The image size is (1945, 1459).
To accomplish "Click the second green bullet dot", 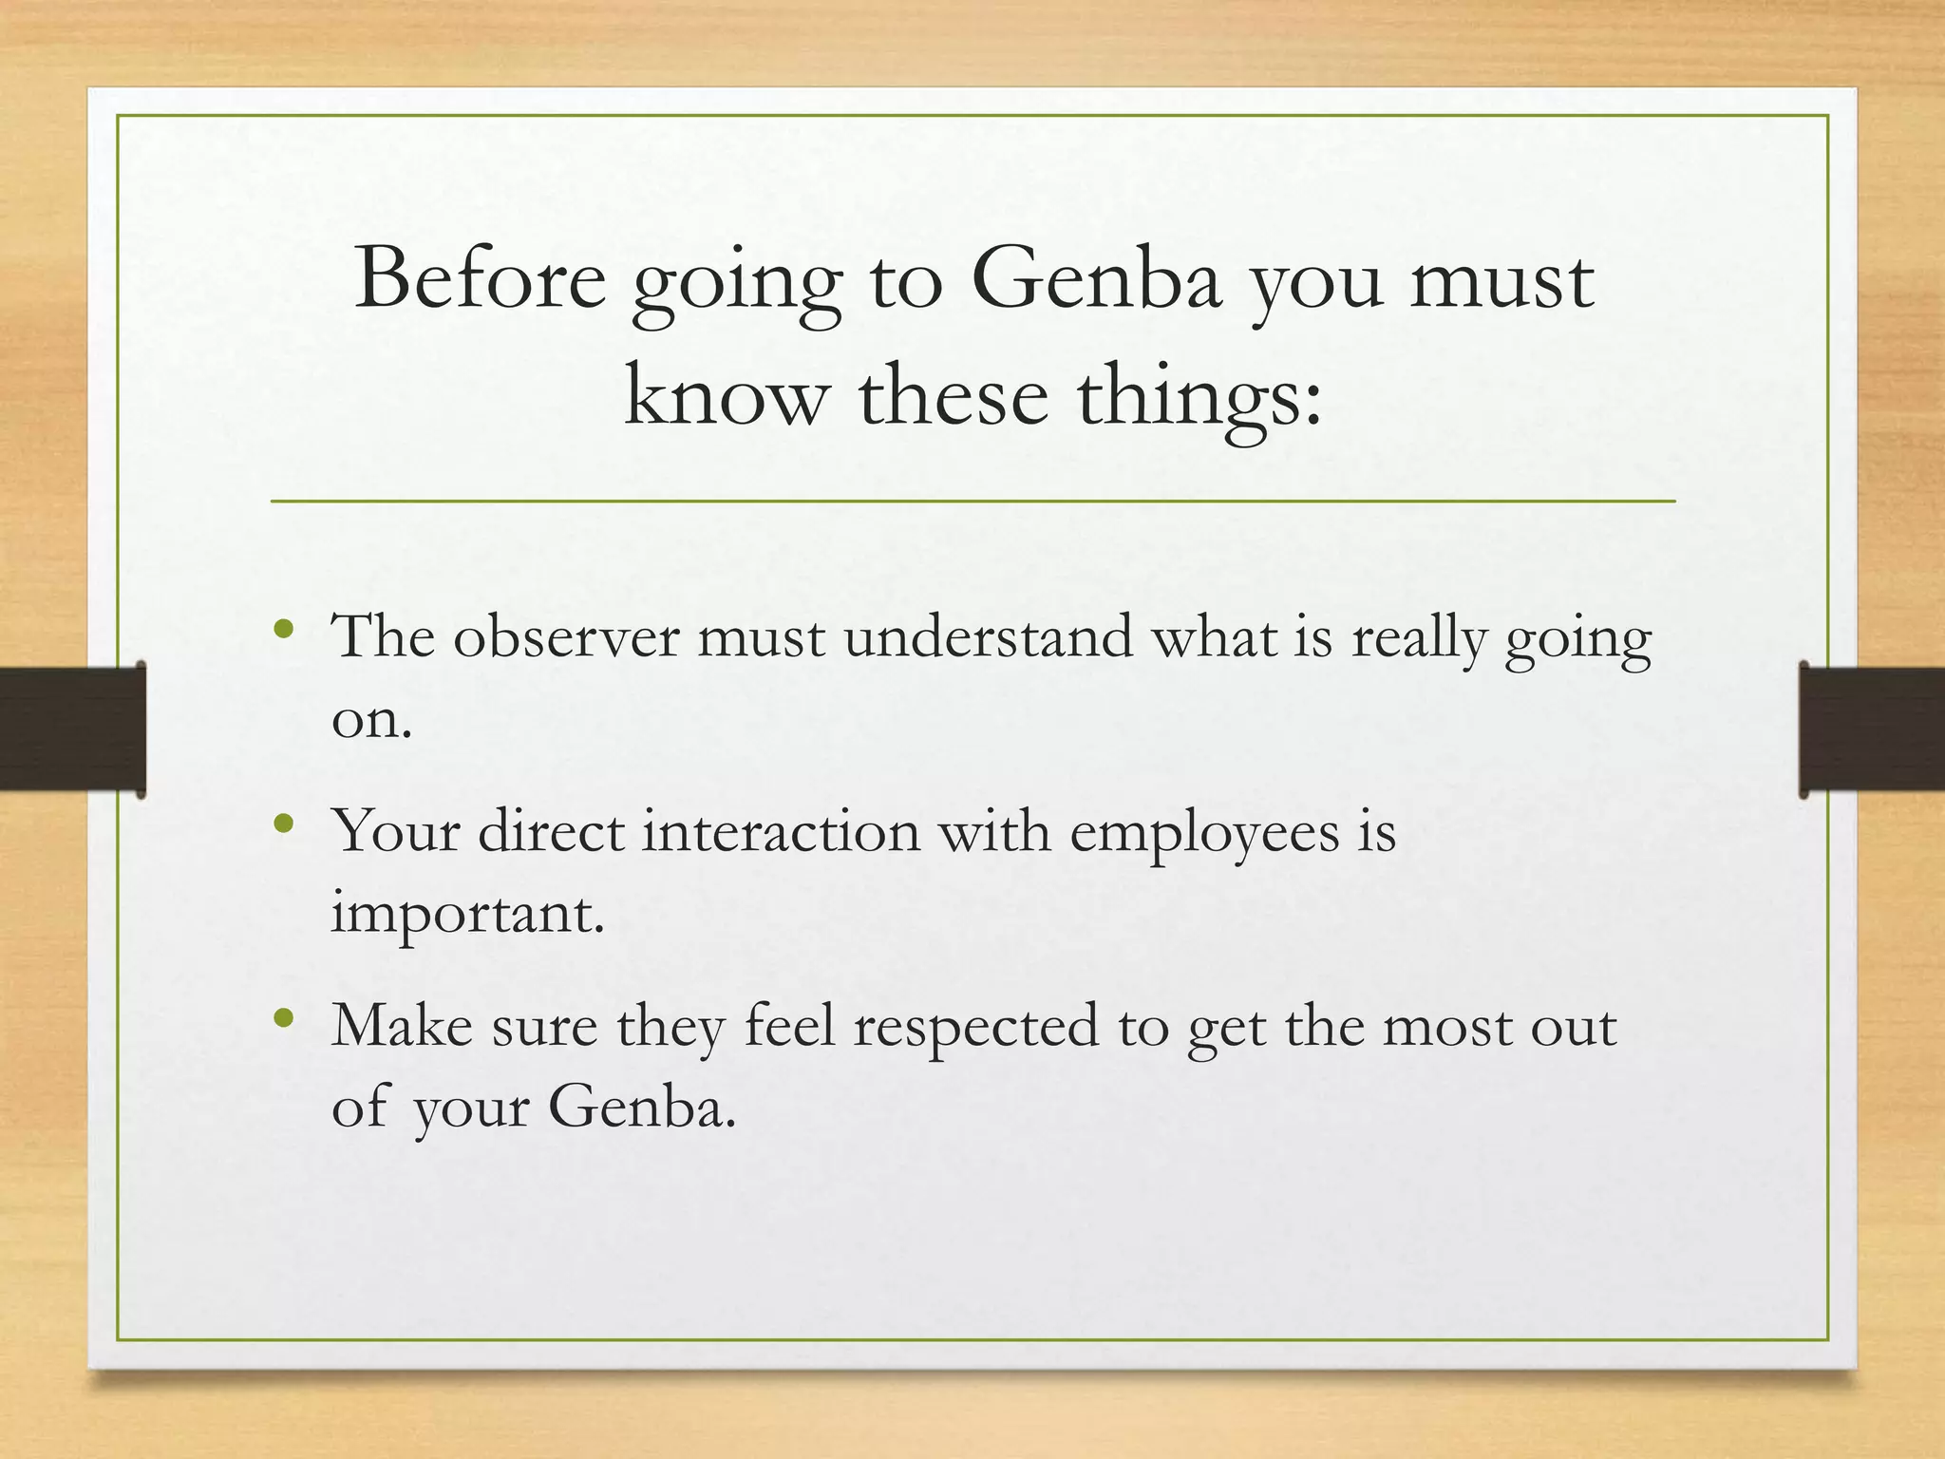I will pyautogui.click(x=283, y=824).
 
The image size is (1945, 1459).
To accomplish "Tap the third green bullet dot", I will pyautogui.click(x=283, y=1018).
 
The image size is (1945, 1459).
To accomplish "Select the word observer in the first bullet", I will pyautogui.click(x=566, y=636).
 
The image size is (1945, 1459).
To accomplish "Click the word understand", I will pyautogui.click(x=988, y=636).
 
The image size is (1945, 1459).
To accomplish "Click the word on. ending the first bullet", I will pyautogui.click(x=371, y=720).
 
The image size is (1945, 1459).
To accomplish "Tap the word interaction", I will pyautogui.click(x=781, y=831).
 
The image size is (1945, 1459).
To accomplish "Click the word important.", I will pyautogui.click(x=467, y=915).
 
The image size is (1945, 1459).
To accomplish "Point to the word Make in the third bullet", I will pyautogui.click(x=401, y=1026).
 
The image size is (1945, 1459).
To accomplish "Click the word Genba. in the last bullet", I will pyautogui.click(x=642, y=1108).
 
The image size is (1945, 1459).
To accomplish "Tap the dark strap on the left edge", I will pyautogui.click(x=71, y=729).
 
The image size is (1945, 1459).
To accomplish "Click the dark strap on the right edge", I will pyautogui.click(x=1871, y=729).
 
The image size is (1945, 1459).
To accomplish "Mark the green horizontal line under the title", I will pyautogui.click(x=972, y=501).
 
